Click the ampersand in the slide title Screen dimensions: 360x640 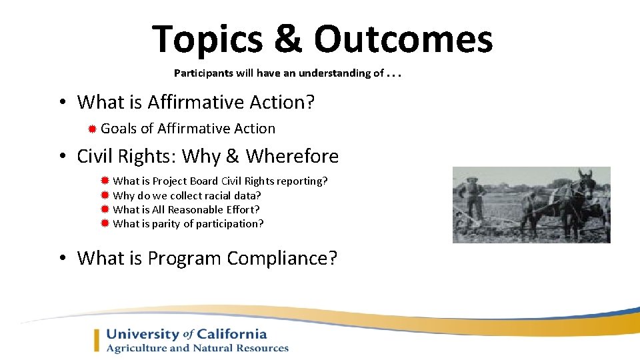click(287, 40)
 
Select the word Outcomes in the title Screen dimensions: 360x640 click(403, 40)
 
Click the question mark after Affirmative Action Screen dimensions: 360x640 click(310, 102)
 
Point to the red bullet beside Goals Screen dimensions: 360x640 click(93, 129)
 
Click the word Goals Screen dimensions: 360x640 click(119, 129)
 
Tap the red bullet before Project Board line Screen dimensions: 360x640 click(105, 181)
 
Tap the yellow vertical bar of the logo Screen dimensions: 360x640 click(97, 340)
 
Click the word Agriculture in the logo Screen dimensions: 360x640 click(138, 348)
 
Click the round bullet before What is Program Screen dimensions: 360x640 click(61, 259)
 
